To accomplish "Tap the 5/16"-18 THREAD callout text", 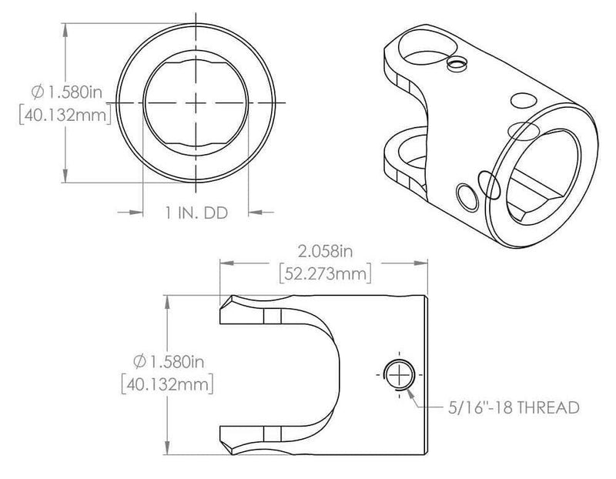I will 512,407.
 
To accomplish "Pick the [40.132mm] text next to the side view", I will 166,383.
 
